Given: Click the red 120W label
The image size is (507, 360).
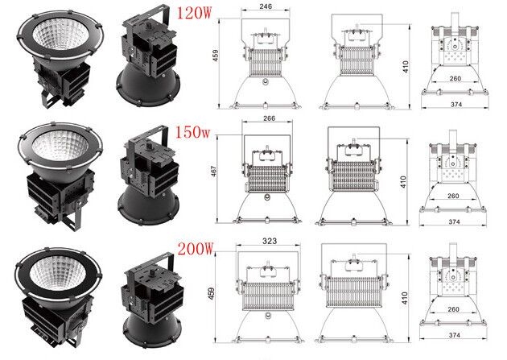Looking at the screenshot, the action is (194, 13).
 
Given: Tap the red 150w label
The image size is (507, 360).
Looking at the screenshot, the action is (192, 132).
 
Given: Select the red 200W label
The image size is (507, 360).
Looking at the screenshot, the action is (196, 248).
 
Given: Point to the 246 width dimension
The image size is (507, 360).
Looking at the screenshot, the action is (266, 6).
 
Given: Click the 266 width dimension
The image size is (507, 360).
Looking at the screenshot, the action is (269, 118).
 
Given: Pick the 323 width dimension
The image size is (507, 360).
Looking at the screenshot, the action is (270, 241).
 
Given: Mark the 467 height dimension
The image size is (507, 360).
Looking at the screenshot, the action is (214, 171).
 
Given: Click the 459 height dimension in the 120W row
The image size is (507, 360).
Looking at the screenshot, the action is (216, 56).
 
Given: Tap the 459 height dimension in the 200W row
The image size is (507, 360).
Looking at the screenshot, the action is (211, 293).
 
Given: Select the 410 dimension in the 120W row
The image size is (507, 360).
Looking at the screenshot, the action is (406, 67).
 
